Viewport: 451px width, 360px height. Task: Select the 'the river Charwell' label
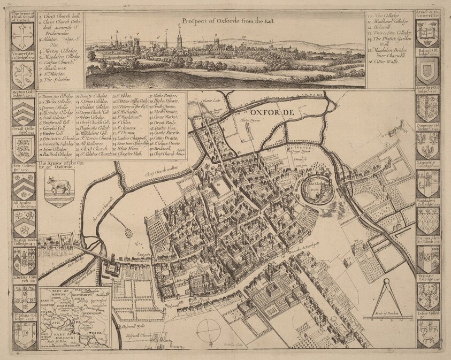click(x=106, y=216)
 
